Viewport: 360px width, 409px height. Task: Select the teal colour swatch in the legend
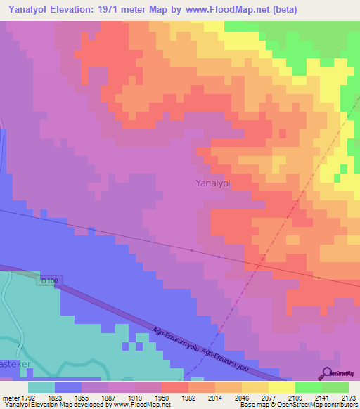pos(41,387)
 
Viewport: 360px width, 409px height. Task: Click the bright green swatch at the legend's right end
pos(335,387)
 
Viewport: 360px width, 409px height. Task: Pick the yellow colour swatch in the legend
pos(282,387)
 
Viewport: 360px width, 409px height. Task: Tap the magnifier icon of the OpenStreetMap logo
pos(326,374)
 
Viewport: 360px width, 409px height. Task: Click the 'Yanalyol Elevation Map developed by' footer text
pos(49,405)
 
